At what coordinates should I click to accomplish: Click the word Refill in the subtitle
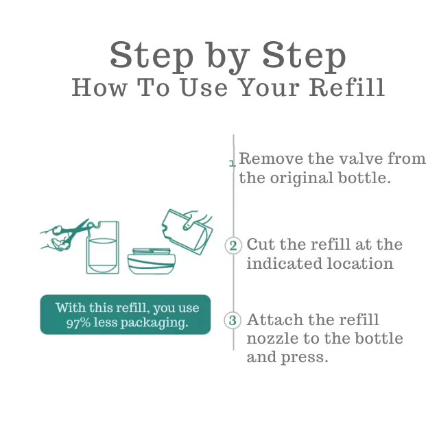click(x=347, y=88)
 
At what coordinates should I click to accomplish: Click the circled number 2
click(x=233, y=246)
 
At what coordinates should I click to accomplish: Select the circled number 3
click(x=233, y=320)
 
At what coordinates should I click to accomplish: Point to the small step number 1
click(x=232, y=163)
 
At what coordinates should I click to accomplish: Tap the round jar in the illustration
click(x=152, y=261)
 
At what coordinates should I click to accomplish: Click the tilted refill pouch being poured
click(x=187, y=232)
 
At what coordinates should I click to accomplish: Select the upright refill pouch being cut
click(x=102, y=247)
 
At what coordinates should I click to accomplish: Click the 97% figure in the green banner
click(x=78, y=323)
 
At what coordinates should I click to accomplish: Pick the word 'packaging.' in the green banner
click(x=154, y=323)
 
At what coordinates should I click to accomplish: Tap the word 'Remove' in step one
click(x=271, y=158)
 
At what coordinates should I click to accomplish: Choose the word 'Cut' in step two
click(x=261, y=244)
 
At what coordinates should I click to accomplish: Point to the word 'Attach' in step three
click(x=274, y=320)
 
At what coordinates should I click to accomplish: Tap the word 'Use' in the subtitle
click(x=204, y=88)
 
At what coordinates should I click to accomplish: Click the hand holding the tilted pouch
click(x=196, y=219)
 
